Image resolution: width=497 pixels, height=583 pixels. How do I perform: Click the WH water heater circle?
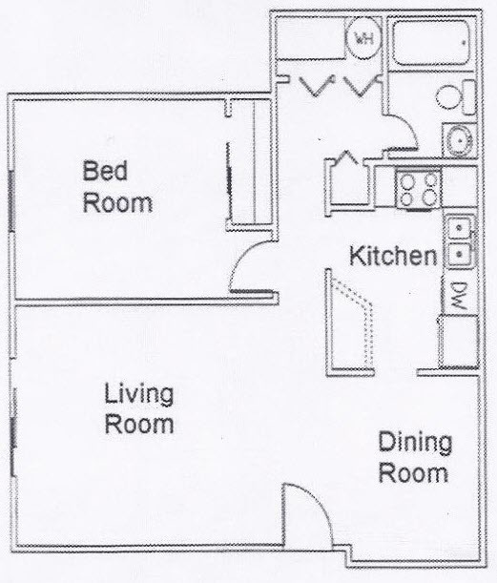coord(363,38)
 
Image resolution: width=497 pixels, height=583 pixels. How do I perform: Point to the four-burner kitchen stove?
coord(419,188)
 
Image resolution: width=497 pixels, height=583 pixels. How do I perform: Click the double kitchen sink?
coord(461,242)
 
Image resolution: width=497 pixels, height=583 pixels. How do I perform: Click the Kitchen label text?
coord(392,256)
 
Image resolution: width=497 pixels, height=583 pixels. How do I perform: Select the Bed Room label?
coord(118,188)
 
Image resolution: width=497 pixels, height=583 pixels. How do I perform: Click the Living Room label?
coord(139,408)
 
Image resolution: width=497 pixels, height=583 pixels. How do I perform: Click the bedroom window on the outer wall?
coord(10,199)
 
